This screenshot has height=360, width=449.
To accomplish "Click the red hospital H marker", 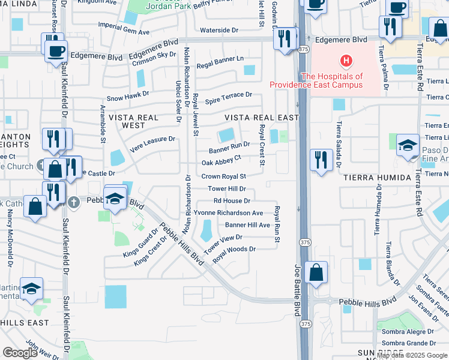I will (x=346, y=61).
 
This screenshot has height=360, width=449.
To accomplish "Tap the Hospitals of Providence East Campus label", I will (x=332, y=80).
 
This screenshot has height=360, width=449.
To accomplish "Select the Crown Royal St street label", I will (x=224, y=177).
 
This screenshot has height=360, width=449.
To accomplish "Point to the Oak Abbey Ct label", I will (x=221, y=162).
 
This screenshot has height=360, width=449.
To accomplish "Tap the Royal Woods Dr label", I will (x=234, y=249).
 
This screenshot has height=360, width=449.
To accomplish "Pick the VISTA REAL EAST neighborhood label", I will (x=262, y=118).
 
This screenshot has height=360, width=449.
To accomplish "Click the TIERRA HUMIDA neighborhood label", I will (x=372, y=178).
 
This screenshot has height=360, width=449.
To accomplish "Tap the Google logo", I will (x=20, y=353).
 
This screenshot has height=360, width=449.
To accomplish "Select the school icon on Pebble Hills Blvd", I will (x=114, y=198).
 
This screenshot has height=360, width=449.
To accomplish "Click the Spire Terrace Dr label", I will (x=229, y=95).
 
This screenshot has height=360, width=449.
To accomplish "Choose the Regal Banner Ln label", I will (x=220, y=59).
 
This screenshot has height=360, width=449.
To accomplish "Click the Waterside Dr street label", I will (x=219, y=29).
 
